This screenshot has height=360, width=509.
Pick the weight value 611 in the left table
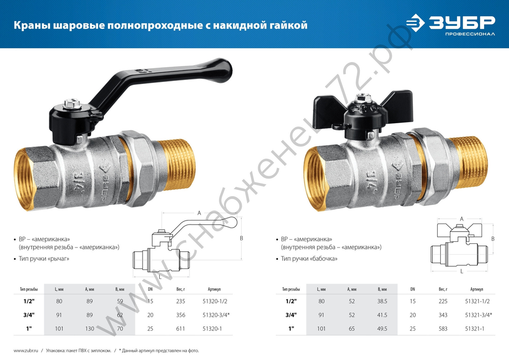(180, 328)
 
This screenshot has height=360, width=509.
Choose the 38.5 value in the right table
(382, 301)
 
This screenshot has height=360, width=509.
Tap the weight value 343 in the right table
(443, 315)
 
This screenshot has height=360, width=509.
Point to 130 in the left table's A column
(91, 328)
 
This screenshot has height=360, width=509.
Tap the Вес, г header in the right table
(443, 289)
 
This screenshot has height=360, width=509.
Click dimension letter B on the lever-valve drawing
(241, 238)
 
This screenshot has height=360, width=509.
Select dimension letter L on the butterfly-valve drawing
(461, 271)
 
